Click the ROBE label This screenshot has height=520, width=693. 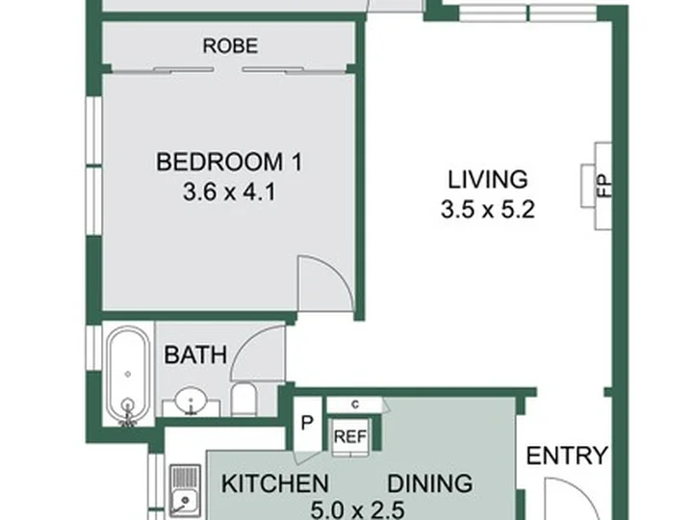(x=230, y=46)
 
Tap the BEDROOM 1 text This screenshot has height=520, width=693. (x=229, y=162)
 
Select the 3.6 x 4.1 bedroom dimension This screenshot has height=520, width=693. (x=229, y=193)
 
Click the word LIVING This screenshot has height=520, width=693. (x=488, y=179)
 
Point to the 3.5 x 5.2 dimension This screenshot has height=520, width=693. (x=488, y=209)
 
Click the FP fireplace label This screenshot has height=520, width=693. (x=604, y=186)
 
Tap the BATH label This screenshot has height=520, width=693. (x=195, y=355)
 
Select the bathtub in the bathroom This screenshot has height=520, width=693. (x=128, y=377)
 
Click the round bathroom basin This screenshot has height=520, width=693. (x=191, y=402)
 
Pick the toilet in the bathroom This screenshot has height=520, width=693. (x=244, y=400)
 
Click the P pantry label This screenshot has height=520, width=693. (x=307, y=424)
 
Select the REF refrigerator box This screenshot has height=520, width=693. (x=350, y=437)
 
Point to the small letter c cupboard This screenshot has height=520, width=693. (x=355, y=404)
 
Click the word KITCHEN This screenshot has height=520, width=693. (x=275, y=483)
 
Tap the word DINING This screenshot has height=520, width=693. (x=430, y=483)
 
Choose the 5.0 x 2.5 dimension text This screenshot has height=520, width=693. (x=357, y=510)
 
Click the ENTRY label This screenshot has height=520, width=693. (x=567, y=455)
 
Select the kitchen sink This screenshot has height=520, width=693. (x=186, y=492)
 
